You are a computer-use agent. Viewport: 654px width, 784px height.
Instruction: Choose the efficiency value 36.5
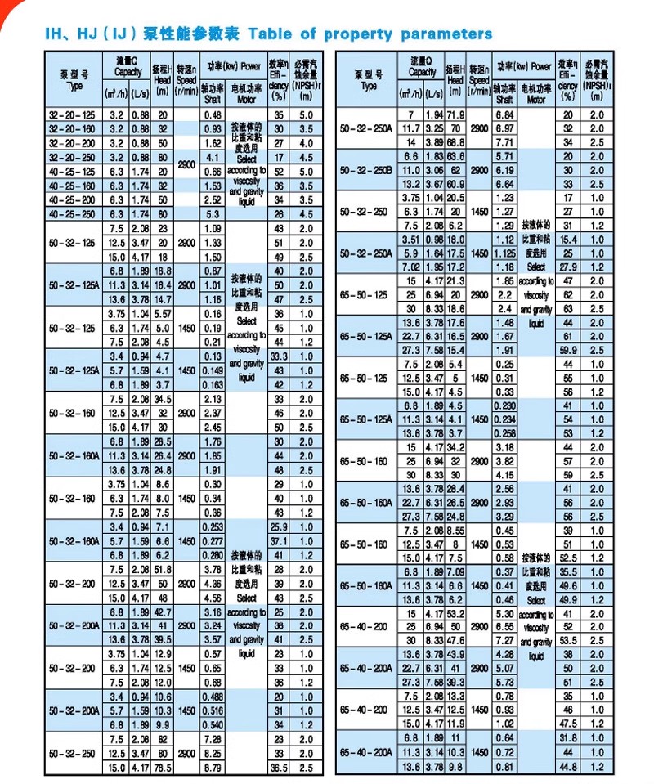point(280,767)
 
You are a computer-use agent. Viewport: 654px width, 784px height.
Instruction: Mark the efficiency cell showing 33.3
point(280,356)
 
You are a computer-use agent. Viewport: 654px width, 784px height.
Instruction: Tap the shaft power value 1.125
point(505,254)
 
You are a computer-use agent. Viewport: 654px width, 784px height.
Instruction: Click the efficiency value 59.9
point(568,349)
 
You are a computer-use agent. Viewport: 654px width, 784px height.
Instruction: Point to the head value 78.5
point(163,767)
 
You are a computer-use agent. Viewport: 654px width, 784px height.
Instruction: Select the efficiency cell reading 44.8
point(568,766)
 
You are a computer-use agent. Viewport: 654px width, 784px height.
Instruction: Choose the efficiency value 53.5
point(568,640)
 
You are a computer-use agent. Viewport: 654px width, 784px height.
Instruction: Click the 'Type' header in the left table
point(74,87)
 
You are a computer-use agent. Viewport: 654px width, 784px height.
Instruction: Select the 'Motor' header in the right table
point(535,100)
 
